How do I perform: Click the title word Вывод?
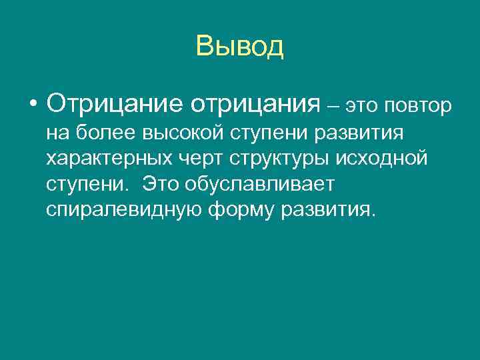pyautogui.click(x=240, y=47)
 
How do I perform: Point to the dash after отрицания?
pyautogui.click(x=333, y=105)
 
